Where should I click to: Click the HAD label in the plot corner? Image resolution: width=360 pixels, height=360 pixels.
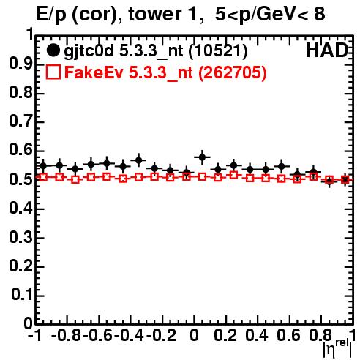click(x=327, y=50)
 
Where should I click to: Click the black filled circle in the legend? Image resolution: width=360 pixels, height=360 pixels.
click(x=53, y=50)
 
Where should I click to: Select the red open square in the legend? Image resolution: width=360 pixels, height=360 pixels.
click(x=53, y=72)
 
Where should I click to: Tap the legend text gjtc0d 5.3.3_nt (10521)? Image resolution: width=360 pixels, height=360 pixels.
click(x=156, y=51)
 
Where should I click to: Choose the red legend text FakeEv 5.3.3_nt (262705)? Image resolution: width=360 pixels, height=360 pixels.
click(x=165, y=72)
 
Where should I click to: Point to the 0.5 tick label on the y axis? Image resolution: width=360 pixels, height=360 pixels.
click(x=20, y=180)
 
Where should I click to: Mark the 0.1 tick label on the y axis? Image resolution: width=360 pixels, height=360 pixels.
click(x=21, y=295)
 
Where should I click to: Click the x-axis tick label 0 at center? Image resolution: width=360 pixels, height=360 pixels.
click(x=194, y=335)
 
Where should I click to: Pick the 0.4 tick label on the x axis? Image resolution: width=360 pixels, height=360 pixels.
click(x=257, y=335)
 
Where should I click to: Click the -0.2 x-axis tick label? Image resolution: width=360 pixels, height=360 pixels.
click(x=161, y=335)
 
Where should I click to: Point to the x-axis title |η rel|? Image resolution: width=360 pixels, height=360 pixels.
click(x=337, y=349)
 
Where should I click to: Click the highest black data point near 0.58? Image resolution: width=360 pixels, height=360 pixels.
click(x=202, y=157)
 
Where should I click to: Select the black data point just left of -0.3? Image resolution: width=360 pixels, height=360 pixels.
click(x=139, y=160)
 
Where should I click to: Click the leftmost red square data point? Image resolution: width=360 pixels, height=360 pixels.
click(x=43, y=177)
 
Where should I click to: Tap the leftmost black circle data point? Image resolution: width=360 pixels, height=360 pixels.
click(x=43, y=166)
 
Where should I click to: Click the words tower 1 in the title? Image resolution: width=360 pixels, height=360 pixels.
click(x=166, y=14)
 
